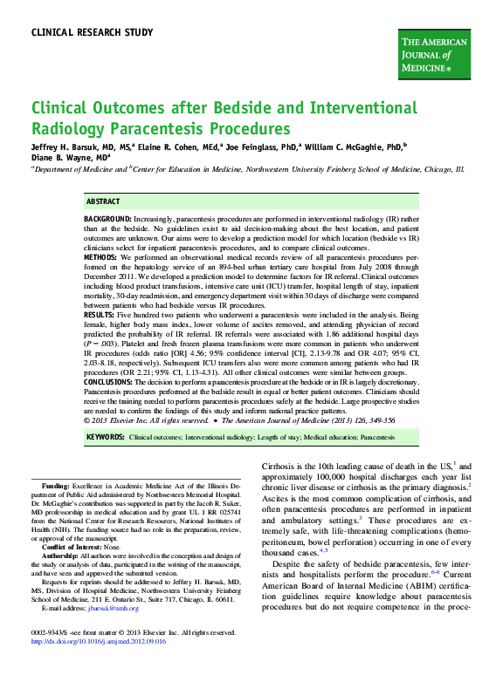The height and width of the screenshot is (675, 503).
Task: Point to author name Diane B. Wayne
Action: (x=65, y=158)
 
